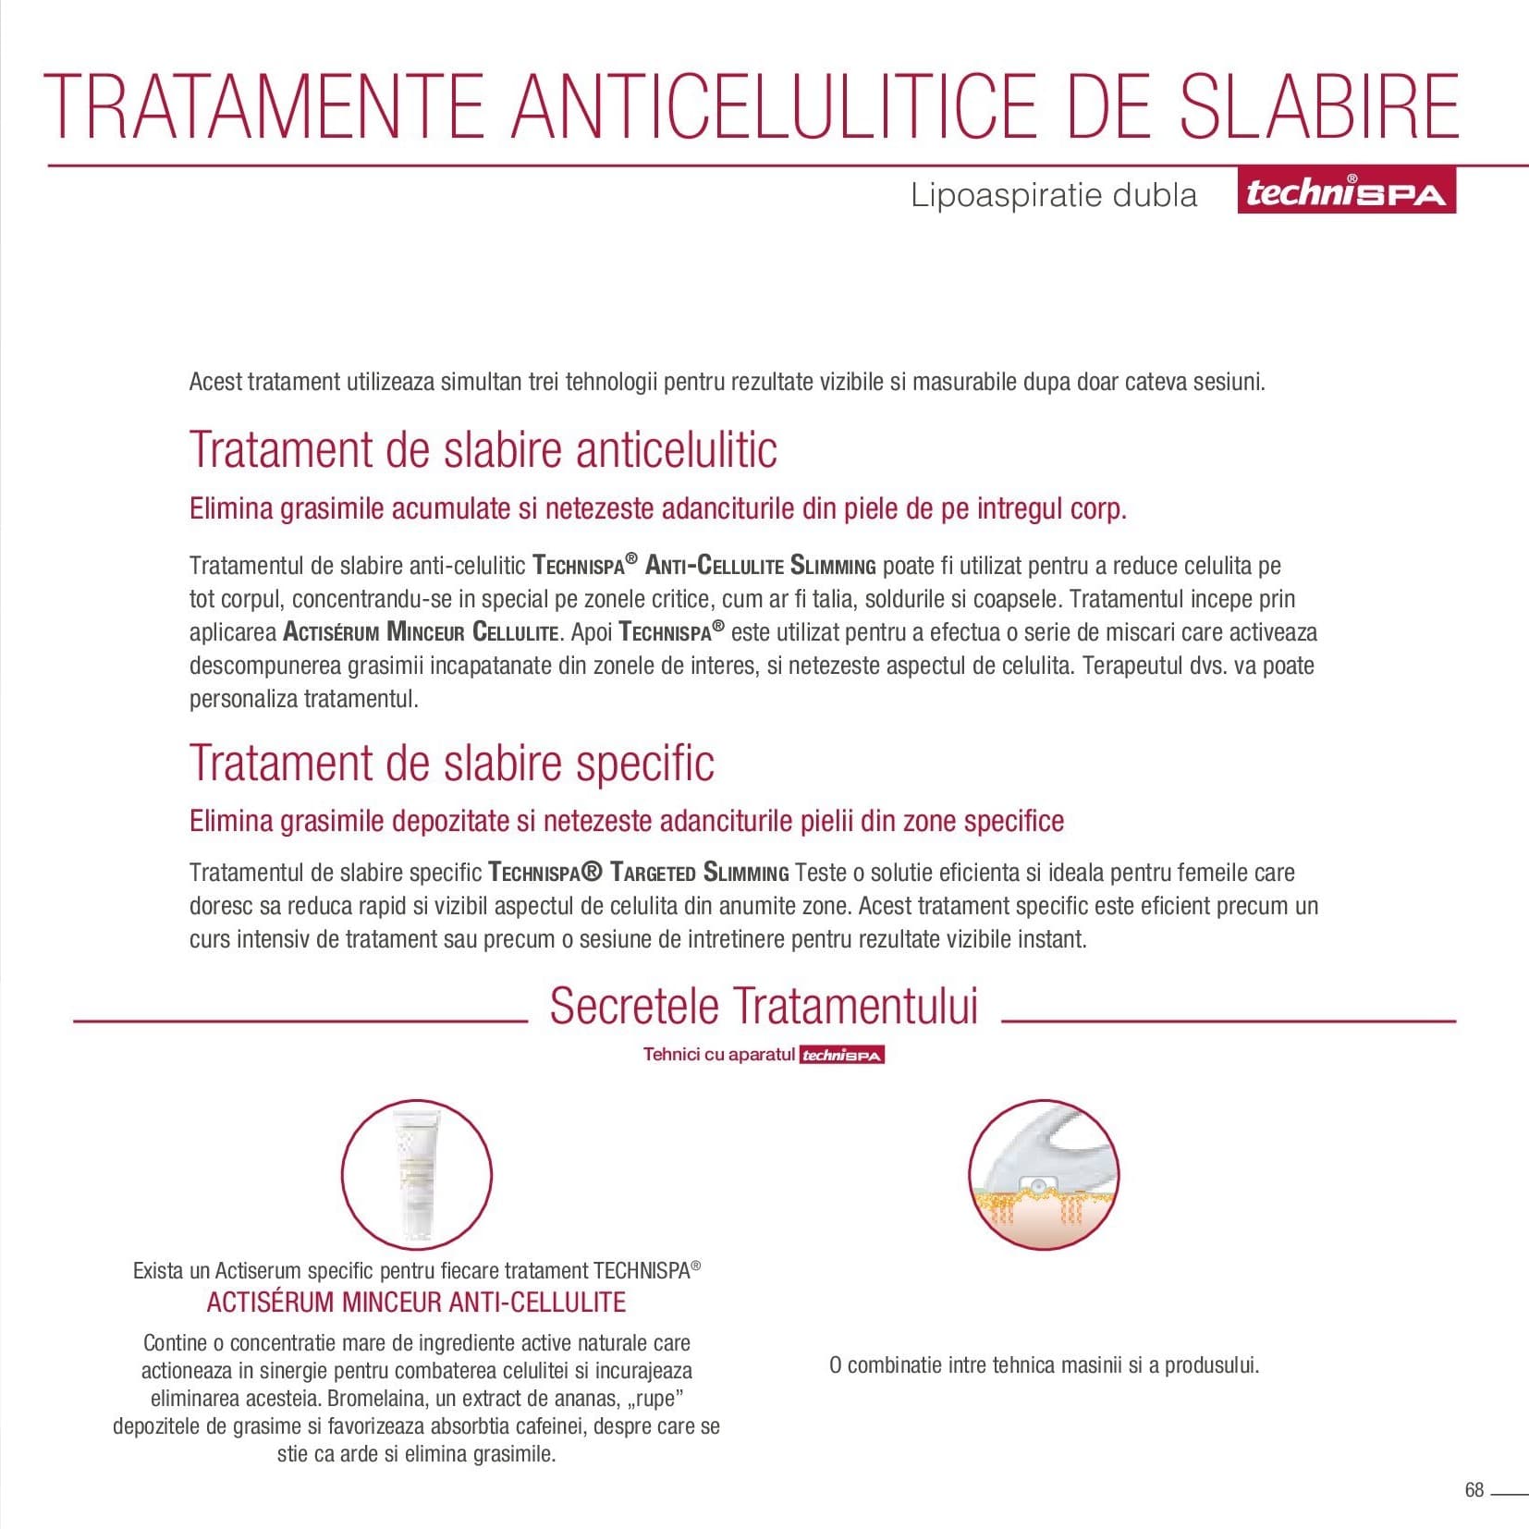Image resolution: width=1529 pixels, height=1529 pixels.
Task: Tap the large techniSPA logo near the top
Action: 1346,192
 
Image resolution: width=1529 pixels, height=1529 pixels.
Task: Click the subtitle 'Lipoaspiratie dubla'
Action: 1054,195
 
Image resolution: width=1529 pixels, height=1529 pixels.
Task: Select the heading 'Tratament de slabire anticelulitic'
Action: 483,449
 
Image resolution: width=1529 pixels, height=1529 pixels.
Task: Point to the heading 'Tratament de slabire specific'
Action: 452,763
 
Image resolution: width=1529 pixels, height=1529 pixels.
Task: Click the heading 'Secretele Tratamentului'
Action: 764,1006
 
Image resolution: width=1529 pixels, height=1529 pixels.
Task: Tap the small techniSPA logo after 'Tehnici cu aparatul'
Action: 842,1055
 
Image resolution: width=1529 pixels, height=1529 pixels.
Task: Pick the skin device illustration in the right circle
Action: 1044,1174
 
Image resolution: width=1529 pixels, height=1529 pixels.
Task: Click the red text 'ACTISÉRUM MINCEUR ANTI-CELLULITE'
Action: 416,1303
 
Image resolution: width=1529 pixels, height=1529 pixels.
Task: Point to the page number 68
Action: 1474,1490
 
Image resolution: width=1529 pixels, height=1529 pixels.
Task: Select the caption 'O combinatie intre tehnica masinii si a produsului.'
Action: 1044,1365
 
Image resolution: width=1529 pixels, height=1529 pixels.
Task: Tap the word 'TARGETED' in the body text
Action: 653,873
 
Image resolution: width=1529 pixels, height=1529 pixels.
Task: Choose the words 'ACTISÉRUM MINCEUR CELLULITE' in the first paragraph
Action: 421,633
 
